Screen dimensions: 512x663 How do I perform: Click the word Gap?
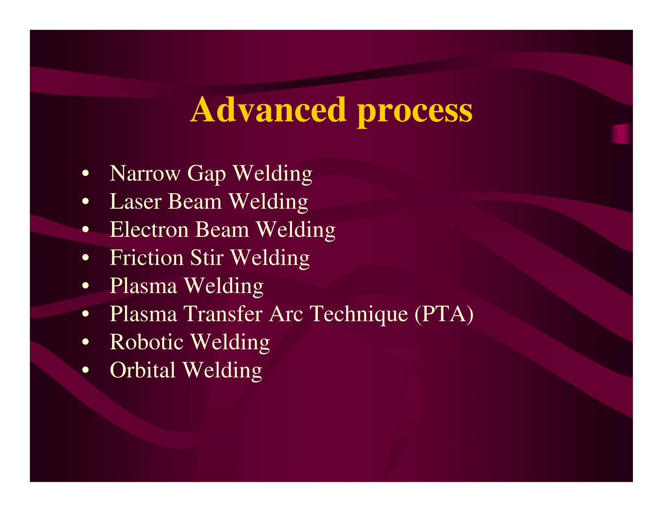[206, 174]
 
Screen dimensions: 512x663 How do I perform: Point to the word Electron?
[149, 229]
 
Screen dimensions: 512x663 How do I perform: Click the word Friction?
[146, 258]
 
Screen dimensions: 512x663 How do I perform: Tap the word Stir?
[207, 258]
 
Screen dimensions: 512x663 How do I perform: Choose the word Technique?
[359, 315]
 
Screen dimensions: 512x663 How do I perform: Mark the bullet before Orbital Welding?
[85, 370]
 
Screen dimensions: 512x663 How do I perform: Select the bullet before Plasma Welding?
[85, 286]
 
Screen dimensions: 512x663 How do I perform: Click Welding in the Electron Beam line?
[296, 230]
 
